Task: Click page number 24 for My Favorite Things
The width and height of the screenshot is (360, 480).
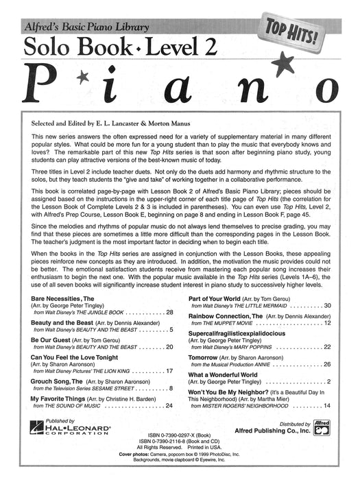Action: click(169, 425)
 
